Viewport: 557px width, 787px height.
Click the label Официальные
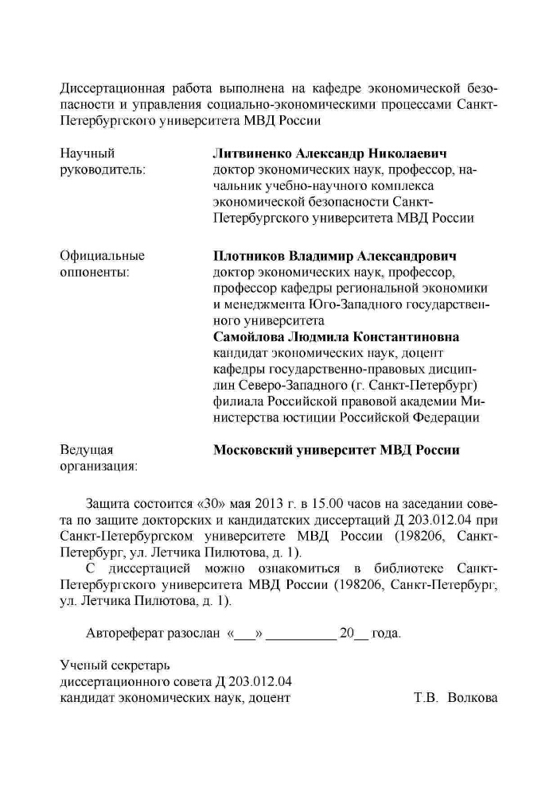pyautogui.click(x=103, y=256)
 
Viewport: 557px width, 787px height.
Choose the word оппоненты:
pyautogui.click(x=95, y=272)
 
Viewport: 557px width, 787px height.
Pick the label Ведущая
pyautogui.click(x=87, y=450)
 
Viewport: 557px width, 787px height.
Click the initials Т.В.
pyautogui.click(x=427, y=698)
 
